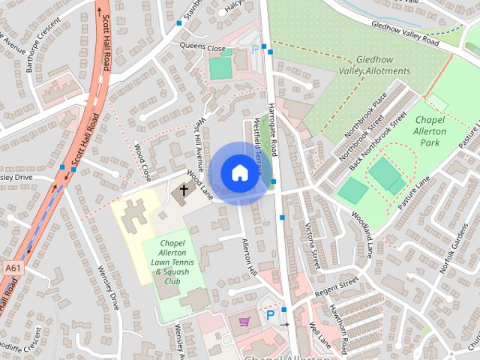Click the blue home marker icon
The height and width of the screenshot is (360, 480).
[238, 172]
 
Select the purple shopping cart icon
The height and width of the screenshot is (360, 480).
[244, 321]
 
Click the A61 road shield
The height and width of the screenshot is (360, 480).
[11, 267]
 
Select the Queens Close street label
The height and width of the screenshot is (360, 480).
[202, 48]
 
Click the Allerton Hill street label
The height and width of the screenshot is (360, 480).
[250, 257]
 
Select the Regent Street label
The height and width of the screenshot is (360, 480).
[337, 285]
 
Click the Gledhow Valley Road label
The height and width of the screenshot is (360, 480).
[404, 29]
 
